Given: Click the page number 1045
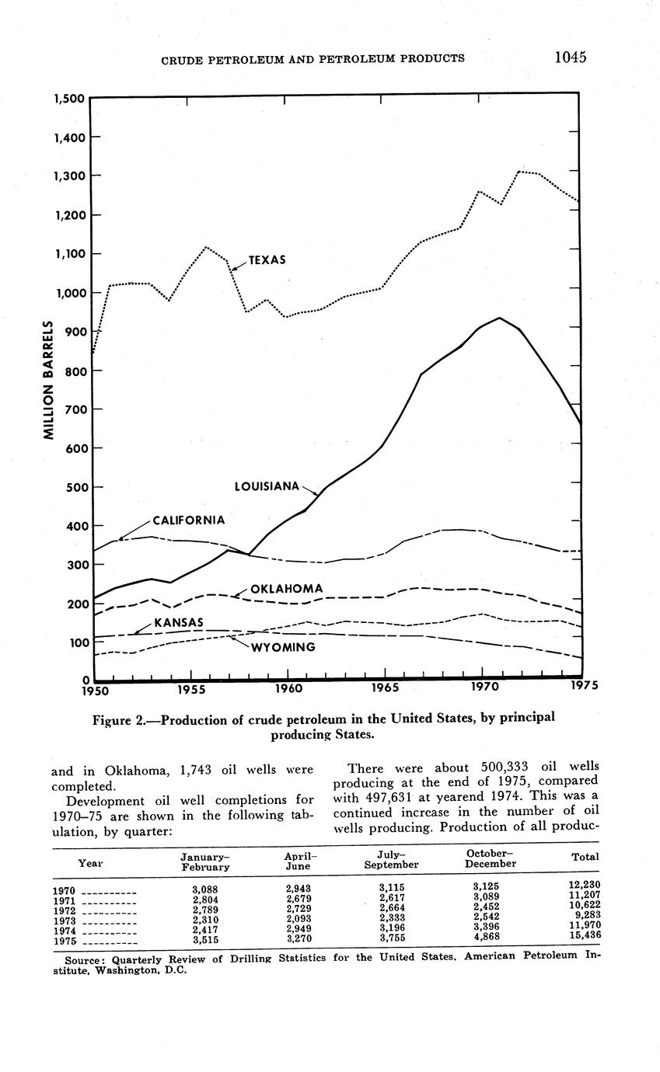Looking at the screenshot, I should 570,57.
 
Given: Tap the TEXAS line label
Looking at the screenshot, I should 267,260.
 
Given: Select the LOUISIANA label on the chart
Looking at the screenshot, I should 267,486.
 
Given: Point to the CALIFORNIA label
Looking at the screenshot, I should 189,520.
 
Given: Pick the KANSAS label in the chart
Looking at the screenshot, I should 178,623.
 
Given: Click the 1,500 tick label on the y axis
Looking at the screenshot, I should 69,99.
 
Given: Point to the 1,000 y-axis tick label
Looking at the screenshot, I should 69,293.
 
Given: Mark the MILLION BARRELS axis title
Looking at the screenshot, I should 48,380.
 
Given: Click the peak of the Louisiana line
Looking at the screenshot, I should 500,318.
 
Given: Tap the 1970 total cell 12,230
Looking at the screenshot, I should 584,885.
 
